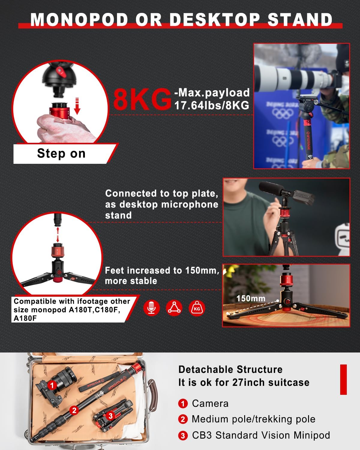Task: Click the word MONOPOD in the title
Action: [79, 19]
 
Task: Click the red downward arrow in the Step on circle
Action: [77, 106]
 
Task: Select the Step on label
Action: [61, 154]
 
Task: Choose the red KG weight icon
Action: [197, 308]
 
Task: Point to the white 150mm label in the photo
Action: [251, 298]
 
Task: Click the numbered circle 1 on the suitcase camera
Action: [52, 385]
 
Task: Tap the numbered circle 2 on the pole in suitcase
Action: [74, 410]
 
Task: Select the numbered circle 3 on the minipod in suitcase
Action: [110, 415]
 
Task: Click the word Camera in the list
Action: [210, 403]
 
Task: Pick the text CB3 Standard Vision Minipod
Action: [261, 435]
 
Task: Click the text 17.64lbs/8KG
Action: [212, 105]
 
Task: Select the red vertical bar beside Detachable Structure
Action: [343, 379]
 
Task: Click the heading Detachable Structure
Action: [230, 369]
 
